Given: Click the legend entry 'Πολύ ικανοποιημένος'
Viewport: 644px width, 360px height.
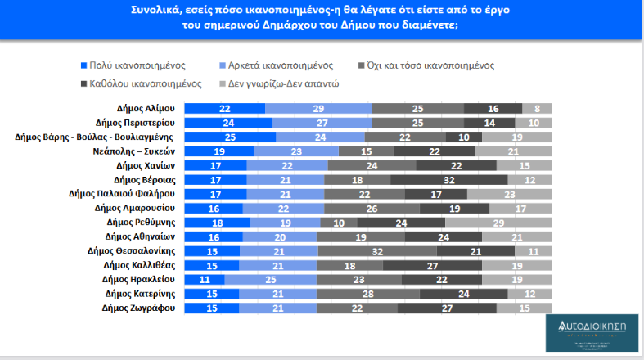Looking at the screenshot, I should click(x=134, y=65).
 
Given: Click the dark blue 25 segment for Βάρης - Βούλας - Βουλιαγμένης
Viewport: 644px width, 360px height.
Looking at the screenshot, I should click(x=230, y=137).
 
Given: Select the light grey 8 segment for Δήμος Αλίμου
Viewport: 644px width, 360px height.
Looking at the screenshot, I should click(x=537, y=108).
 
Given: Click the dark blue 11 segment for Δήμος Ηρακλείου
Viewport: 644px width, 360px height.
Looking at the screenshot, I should click(x=205, y=279).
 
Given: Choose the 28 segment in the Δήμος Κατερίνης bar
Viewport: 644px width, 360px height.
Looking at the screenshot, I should click(x=367, y=294).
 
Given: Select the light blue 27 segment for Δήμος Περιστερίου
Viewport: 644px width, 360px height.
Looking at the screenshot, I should click(x=322, y=122).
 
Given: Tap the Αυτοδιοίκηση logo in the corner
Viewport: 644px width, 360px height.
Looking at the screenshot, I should click(x=592, y=335).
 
